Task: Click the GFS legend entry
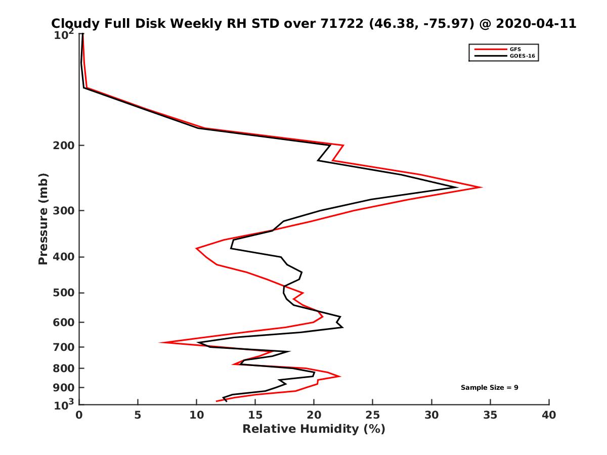click(x=514, y=49)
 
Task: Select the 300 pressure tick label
click(x=64, y=211)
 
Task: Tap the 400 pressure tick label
click(x=64, y=257)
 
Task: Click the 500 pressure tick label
click(x=64, y=293)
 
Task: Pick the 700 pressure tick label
click(x=64, y=347)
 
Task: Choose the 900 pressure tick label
click(x=64, y=388)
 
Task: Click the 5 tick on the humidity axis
click(x=138, y=416)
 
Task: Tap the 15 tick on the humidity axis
click(x=255, y=416)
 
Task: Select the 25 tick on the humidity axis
click(x=373, y=416)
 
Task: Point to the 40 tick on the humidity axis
click(x=549, y=416)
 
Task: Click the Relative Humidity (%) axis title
click(x=314, y=429)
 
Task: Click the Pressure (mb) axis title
click(x=43, y=219)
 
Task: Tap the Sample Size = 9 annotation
click(x=489, y=388)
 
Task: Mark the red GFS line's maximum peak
click(x=481, y=188)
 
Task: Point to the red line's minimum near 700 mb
click(x=161, y=343)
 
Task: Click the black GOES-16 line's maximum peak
click(x=457, y=188)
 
